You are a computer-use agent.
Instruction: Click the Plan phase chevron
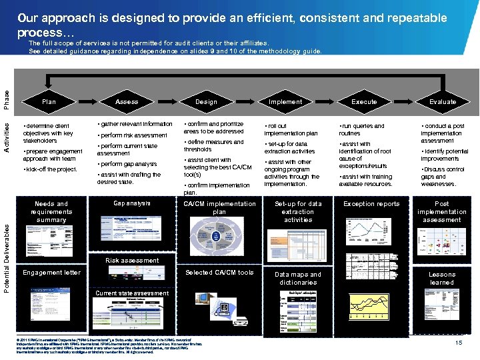click(49, 102)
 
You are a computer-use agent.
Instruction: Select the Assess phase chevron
click(127, 102)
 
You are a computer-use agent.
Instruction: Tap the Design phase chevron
click(206, 102)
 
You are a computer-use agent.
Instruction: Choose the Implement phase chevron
click(285, 102)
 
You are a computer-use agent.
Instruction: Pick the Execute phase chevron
click(364, 102)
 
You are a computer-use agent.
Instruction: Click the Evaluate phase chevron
click(442, 102)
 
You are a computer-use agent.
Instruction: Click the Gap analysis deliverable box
click(132, 203)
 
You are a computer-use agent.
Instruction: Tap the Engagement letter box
click(51, 273)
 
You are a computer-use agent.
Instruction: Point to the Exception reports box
click(371, 204)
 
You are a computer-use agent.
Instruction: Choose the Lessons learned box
click(442, 279)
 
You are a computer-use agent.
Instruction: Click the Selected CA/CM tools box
click(219, 273)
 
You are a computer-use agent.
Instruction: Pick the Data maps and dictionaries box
click(298, 279)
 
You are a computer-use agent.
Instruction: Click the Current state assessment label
click(132, 293)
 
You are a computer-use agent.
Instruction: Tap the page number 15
click(459, 343)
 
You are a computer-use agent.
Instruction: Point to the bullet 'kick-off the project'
click(51, 169)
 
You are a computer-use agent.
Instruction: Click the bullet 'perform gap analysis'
click(127, 164)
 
